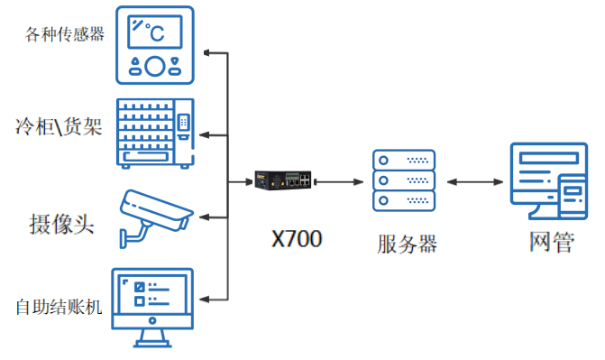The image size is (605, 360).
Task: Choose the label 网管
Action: pyautogui.click(x=550, y=242)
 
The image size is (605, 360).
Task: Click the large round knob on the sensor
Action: pyautogui.click(x=155, y=65)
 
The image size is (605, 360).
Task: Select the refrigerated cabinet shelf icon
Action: pyautogui.click(x=155, y=133)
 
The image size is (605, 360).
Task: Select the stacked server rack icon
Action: pyautogui.click(x=404, y=180)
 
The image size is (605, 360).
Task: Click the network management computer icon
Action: pyautogui.click(x=549, y=181)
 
